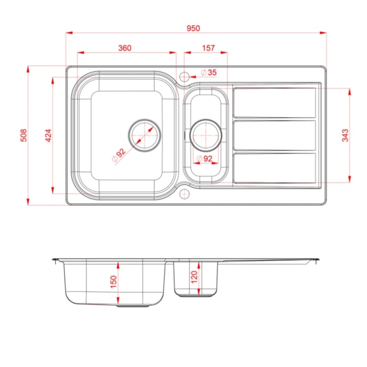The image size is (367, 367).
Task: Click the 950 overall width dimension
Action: pos(193,29)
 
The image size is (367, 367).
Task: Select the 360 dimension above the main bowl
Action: pos(125,48)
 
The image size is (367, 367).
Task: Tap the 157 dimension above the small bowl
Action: pos(208,48)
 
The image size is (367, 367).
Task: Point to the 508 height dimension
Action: pos(23,135)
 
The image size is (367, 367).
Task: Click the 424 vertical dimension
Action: pos(48,135)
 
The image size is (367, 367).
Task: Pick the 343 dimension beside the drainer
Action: pos(345,135)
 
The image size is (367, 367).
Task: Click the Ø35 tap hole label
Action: pos(209,72)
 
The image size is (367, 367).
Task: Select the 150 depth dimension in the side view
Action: pos(113,282)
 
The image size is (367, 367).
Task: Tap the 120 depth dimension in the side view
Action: pos(194,277)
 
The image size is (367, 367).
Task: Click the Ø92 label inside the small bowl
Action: pos(204,159)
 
